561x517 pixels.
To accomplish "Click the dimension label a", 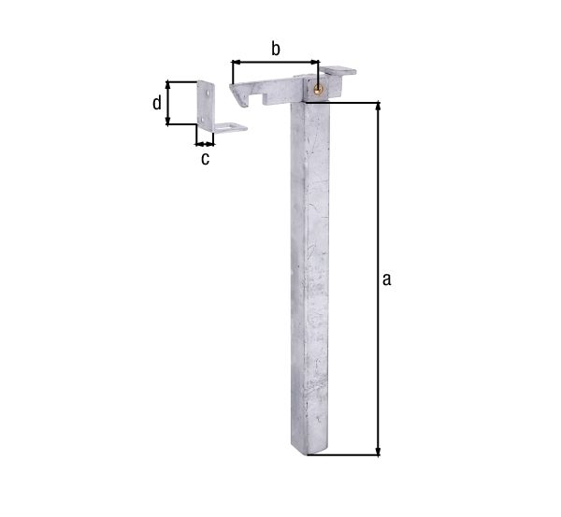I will [x=386, y=280].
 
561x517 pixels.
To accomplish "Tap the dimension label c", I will [x=205, y=159].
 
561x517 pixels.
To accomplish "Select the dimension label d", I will [x=157, y=103].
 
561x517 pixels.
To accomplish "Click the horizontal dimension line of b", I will [x=275, y=63].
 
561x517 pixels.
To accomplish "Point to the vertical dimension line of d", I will [x=169, y=103].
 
